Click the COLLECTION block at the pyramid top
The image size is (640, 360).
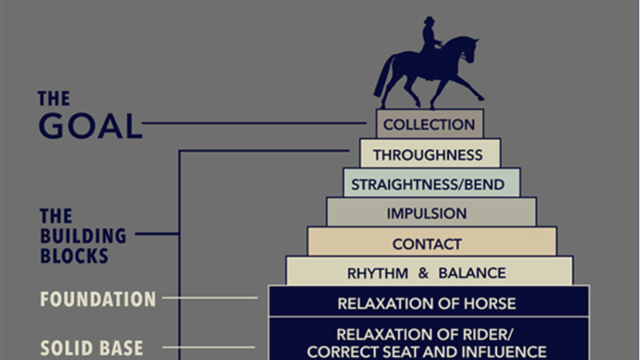429,125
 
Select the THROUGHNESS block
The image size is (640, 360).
429,154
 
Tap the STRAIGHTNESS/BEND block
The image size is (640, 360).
431,184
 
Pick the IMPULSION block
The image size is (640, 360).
431,213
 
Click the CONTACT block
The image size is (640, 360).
431,243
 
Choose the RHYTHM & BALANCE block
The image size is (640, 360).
428,273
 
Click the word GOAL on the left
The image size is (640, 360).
90,127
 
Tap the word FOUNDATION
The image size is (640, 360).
97,299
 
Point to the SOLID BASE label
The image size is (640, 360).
91,348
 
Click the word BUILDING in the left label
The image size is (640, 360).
83,236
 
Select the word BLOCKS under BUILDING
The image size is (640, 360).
74,256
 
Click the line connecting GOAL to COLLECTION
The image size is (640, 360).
253,123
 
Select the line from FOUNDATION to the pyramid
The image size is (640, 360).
210,298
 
